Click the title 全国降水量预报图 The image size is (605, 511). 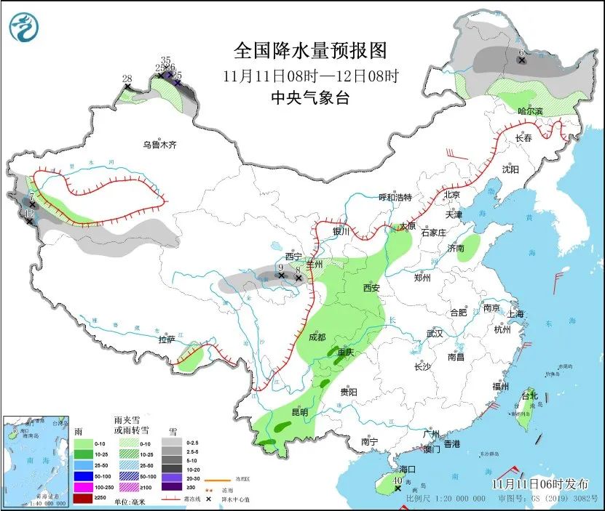[309, 51]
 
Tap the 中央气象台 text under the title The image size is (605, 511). [309, 98]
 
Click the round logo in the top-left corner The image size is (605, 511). [23, 28]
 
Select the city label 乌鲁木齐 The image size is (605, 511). [159, 145]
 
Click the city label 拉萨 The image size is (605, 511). [167, 339]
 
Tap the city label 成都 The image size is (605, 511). [317, 337]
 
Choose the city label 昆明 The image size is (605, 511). [300, 412]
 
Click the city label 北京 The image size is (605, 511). [452, 195]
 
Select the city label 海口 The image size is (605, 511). [408, 470]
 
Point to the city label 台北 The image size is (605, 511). [529, 396]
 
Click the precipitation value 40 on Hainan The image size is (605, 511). [398, 480]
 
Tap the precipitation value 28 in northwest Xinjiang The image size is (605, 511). [127, 79]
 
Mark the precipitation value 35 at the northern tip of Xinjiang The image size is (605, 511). [165, 60]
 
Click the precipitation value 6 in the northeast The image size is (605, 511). [521, 53]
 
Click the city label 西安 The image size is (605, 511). [371, 288]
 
